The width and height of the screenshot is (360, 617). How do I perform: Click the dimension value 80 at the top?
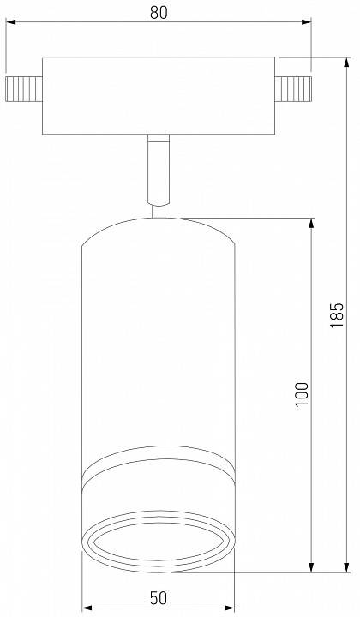159,12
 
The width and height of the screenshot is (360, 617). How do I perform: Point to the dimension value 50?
159,598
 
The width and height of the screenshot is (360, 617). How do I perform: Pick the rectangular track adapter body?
159,94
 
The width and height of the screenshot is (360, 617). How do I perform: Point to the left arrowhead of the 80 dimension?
10,27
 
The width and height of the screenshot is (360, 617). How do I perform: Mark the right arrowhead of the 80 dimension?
307,27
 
